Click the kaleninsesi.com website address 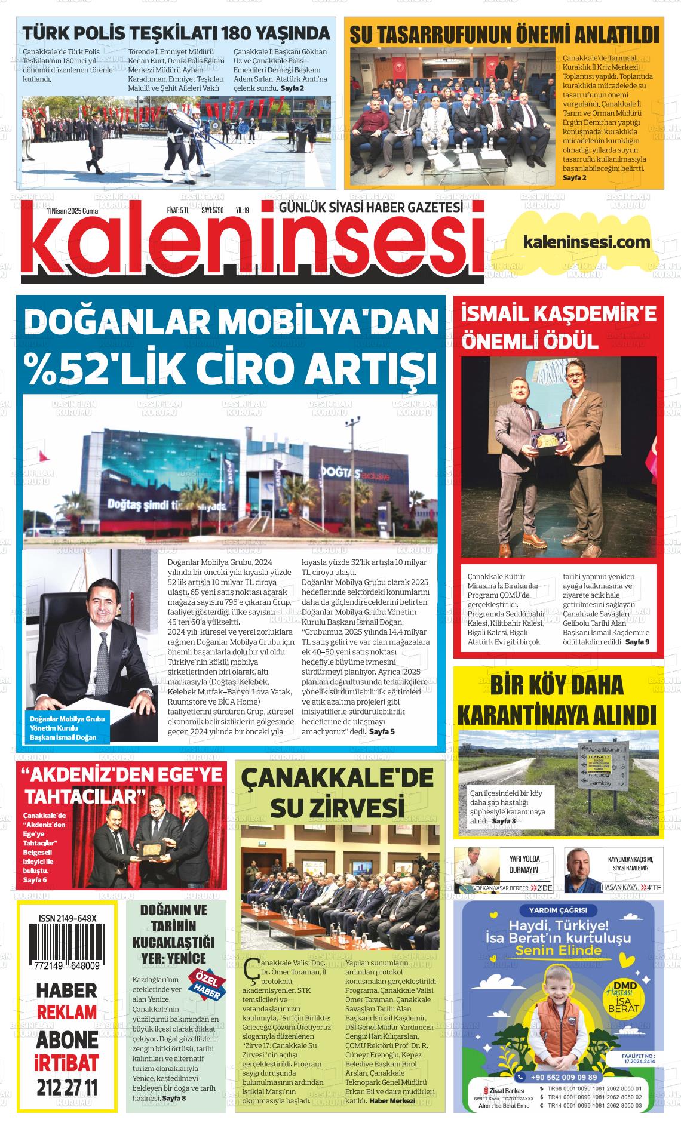click(x=586, y=242)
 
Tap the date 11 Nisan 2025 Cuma click(x=72, y=211)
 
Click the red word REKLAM click(x=66, y=1013)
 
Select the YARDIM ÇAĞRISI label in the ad click(x=558, y=910)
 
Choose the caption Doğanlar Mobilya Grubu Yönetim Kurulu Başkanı click(x=67, y=728)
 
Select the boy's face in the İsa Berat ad click(x=559, y=989)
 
